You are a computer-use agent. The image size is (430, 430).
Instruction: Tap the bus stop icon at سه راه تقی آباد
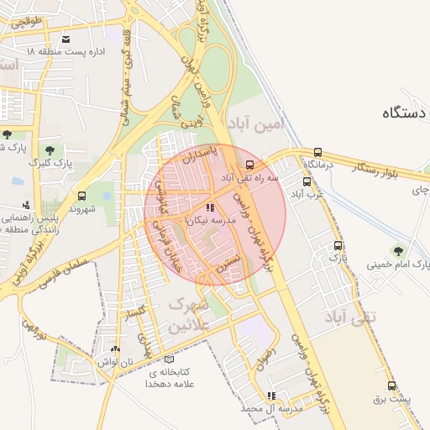[x=249, y=164]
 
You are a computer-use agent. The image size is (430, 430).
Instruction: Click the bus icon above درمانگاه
[x=317, y=153]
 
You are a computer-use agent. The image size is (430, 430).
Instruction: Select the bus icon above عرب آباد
[x=307, y=181]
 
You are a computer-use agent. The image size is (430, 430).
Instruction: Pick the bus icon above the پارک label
[x=338, y=246]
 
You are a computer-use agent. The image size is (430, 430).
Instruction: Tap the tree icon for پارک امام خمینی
[x=397, y=250]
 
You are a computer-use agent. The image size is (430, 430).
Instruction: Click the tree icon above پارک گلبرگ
[x=50, y=149]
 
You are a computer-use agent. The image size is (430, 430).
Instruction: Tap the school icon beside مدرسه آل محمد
[x=270, y=395]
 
